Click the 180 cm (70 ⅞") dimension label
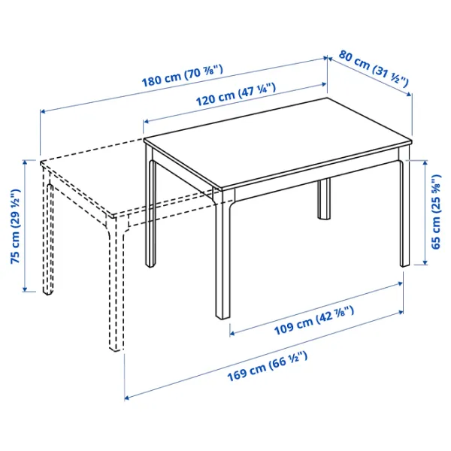[x=183, y=76]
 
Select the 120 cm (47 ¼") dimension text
[x=236, y=95]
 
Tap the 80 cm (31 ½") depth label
[x=374, y=69]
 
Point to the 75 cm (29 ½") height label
[x=15, y=226]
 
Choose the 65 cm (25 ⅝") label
[x=436, y=212]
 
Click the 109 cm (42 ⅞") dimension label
[x=314, y=320]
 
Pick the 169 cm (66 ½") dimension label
[x=268, y=366]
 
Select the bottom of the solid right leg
[x=404, y=263]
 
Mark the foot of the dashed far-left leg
[x=48, y=292]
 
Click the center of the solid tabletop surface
[x=278, y=143]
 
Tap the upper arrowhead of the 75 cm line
[x=25, y=162]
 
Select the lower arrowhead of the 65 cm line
[x=425, y=262]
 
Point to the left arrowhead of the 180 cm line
[x=43, y=111]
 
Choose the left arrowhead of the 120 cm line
[x=146, y=121]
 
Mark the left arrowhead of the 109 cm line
[x=232, y=334]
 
